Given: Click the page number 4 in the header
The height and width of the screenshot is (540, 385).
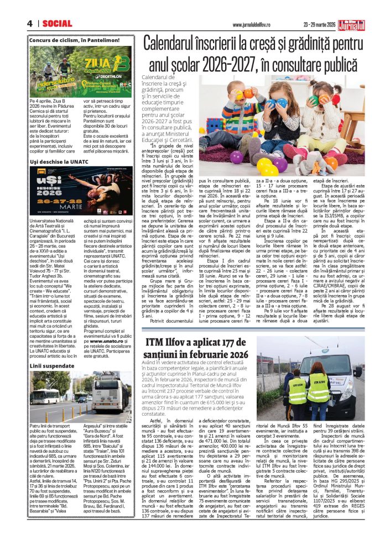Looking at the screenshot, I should [x=29, y=23].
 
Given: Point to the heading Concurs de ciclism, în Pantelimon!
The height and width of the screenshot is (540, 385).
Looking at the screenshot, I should [x=74, y=40].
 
